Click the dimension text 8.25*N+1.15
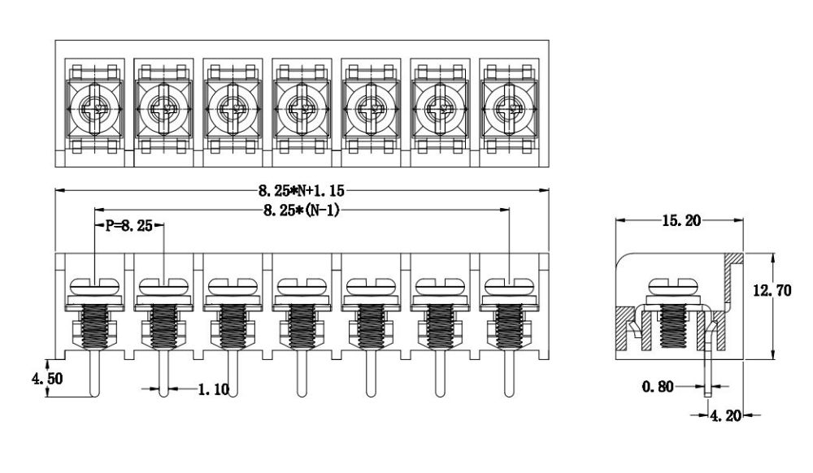(302, 191)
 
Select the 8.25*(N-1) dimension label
(302, 210)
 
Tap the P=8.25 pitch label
(129, 226)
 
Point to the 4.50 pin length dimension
(47, 379)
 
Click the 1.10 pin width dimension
(214, 389)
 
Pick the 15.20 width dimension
(680, 221)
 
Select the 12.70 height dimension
(772, 290)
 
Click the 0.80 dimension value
(658, 387)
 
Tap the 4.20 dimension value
(725, 415)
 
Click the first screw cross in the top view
(95, 109)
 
